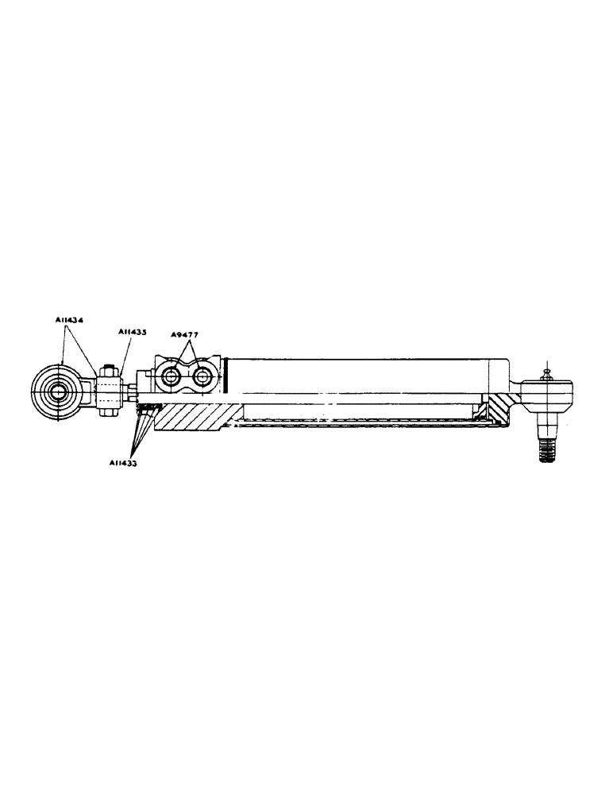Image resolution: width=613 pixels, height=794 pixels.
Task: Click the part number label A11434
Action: click(71, 319)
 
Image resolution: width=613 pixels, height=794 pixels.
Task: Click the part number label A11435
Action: click(131, 332)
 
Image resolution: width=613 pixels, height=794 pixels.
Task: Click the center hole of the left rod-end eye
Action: click(58, 391)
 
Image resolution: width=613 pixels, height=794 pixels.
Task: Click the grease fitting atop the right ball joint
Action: click(546, 371)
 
